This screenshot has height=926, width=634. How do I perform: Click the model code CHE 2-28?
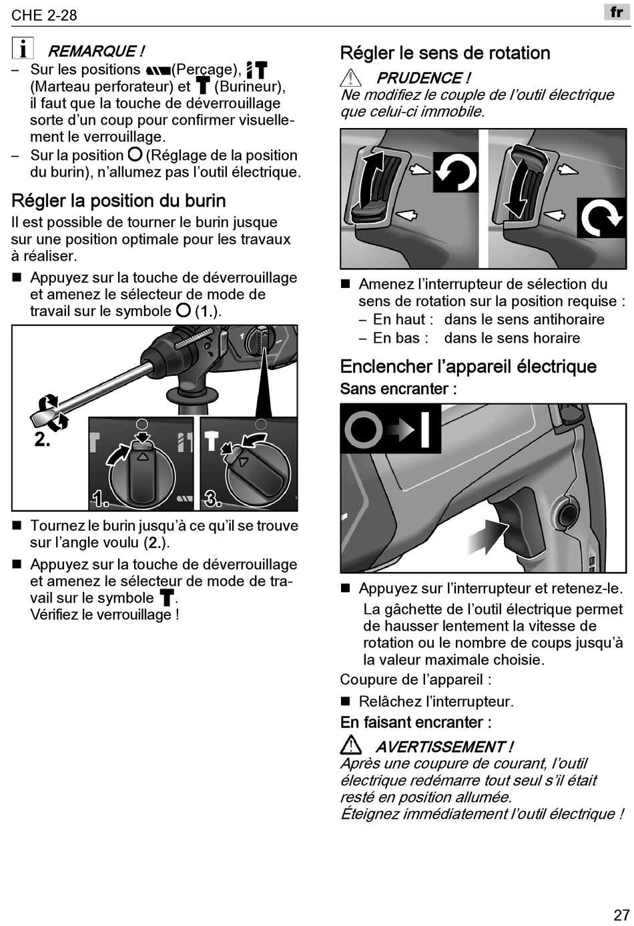[44, 15]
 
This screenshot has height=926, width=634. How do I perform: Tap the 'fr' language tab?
[616, 12]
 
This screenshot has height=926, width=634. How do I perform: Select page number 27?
[621, 914]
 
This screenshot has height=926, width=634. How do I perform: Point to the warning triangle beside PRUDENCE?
[350, 78]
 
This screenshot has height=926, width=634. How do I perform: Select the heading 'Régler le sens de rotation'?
[445, 53]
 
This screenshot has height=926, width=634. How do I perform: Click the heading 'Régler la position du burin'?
[119, 201]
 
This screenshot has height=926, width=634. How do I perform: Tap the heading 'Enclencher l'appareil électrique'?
[468, 367]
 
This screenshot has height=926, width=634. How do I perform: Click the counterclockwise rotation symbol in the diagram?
[456, 173]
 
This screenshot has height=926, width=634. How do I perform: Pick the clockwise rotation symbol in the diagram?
[601, 217]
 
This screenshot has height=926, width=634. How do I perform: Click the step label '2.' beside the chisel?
[42, 439]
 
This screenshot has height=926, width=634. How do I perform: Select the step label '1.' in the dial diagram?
[101, 499]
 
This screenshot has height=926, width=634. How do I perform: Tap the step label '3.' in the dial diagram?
[213, 498]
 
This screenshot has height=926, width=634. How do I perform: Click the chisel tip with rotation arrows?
[47, 412]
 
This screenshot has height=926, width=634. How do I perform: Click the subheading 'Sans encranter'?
[398, 389]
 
